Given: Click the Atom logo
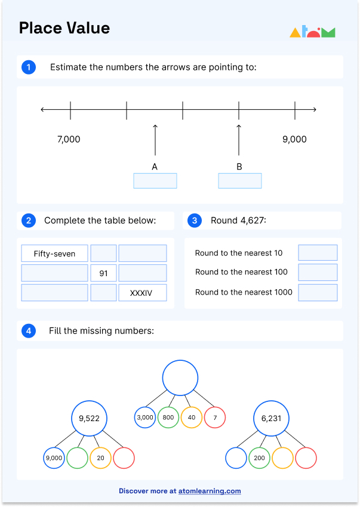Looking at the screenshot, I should pos(312,32).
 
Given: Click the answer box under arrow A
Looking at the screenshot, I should pos(155,181).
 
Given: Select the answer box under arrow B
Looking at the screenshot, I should pos(240,181).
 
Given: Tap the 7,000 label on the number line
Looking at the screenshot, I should pos(69,140).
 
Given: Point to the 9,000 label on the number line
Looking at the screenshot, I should pos(294,140).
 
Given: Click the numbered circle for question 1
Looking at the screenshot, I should pos(28,67).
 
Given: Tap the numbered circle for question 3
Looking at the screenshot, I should pos(195,221).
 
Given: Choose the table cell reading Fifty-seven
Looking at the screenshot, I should pos(54,253).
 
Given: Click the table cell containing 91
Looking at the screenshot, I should pos(104,273).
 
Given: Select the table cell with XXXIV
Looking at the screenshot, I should pos(142,293).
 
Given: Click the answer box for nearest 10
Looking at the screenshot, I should pos(318,253).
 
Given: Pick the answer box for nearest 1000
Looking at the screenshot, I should pos(318,292).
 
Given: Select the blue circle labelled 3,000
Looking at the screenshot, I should pos(145,418).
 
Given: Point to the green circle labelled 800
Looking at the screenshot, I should pos(168,418).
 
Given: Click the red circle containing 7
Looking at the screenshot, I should pos(215,418).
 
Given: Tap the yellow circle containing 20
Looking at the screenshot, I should pos(100,458).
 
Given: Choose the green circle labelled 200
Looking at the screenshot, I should pos(259,458).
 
